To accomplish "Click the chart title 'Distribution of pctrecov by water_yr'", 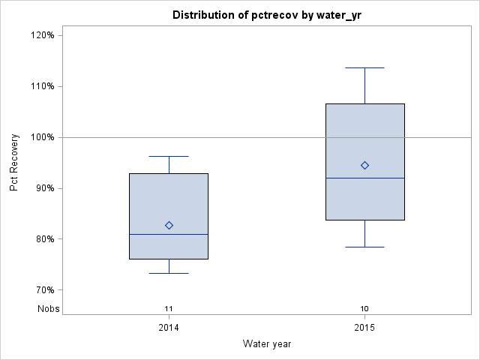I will click(x=266, y=15).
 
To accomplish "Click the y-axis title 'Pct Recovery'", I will click(x=14, y=162).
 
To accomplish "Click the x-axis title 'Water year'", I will click(x=266, y=343).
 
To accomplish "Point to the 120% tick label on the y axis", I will click(x=41, y=35).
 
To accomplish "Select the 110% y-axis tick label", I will click(x=41, y=86).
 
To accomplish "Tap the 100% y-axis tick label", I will click(x=41, y=137).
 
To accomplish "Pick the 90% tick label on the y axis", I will click(x=43, y=188).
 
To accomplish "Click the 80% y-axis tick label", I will click(x=43, y=239).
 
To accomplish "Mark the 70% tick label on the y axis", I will click(x=43, y=290).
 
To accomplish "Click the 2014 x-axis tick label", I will click(x=169, y=328).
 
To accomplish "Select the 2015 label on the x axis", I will click(x=364, y=328).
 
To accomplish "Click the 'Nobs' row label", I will click(x=49, y=308).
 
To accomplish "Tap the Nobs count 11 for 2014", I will click(x=169, y=308).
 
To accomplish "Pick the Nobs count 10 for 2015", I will click(x=364, y=308).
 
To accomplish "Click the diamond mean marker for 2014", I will click(x=169, y=225).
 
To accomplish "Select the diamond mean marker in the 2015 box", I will click(x=364, y=165).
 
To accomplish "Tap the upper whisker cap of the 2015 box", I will click(x=364, y=67).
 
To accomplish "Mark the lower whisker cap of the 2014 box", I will click(x=169, y=273).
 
